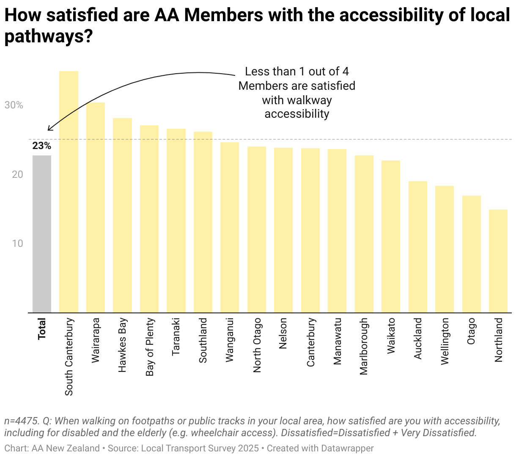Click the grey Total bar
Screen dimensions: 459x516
pyautogui.click(x=42, y=234)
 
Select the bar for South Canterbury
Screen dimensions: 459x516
pyautogui.click(x=69, y=192)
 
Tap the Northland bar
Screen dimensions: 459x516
pyautogui.click(x=498, y=261)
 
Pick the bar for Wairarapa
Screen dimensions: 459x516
pyautogui.click(x=96, y=207)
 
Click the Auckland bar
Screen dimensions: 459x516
pyautogui.click(x=417, y=247)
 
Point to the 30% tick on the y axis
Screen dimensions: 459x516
pyautogui.click(x=14, y=105)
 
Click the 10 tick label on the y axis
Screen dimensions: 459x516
pyautogui.click(x=17, y=243)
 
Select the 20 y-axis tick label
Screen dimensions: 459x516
pyautogui.click(x=17, y=174)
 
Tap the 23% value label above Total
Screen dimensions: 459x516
pyautogui.click(x=41, y=146)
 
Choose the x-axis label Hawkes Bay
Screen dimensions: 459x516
pyautogui.click(x=123, y=345)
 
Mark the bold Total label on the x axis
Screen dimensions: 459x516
pyautogui.click(x=42, y=329)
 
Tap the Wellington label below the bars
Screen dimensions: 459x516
pyautogui.click(x=445, y=341)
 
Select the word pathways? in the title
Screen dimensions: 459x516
pyautogui.click(x=48, y=36)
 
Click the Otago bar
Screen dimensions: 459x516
pyautogui.click(x=471, y=254)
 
